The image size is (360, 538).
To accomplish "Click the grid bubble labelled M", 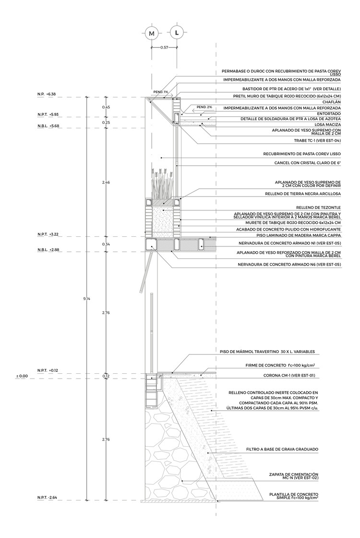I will [152, 33].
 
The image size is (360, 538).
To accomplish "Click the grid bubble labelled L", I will [177, 33].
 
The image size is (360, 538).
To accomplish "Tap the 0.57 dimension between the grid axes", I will [165, 48].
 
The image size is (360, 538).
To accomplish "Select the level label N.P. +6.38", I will [47, 94].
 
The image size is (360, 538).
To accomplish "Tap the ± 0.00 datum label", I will [22, 377].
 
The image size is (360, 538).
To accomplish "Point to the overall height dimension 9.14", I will [86, 298].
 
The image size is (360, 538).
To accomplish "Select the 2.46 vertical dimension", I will [106, 183].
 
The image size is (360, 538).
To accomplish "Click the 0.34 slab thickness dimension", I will [106, 244].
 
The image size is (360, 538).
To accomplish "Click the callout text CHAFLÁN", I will [330, 101].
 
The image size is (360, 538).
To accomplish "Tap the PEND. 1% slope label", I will [161, 92].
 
